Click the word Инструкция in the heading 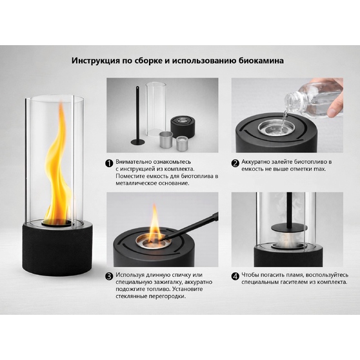[95, 61]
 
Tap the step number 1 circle [109, 163]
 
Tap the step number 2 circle [235, 163]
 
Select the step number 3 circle [109, 276]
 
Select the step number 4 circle [235, 276]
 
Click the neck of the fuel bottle [290, 101]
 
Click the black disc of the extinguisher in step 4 [289, 228]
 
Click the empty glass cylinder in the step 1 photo [155, 110]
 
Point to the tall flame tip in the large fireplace [61, 103]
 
